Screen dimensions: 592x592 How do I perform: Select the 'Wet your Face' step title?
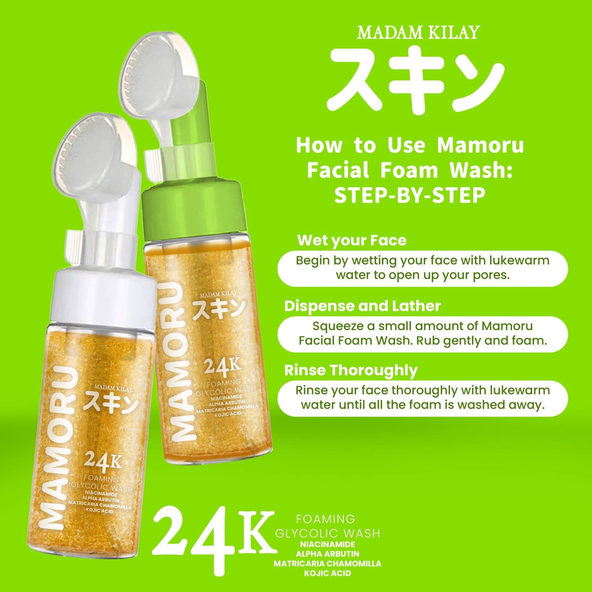pyautogui.click(x=352, y=241)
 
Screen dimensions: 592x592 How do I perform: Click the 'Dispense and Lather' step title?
pyautogui.click(x=363, y=306)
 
